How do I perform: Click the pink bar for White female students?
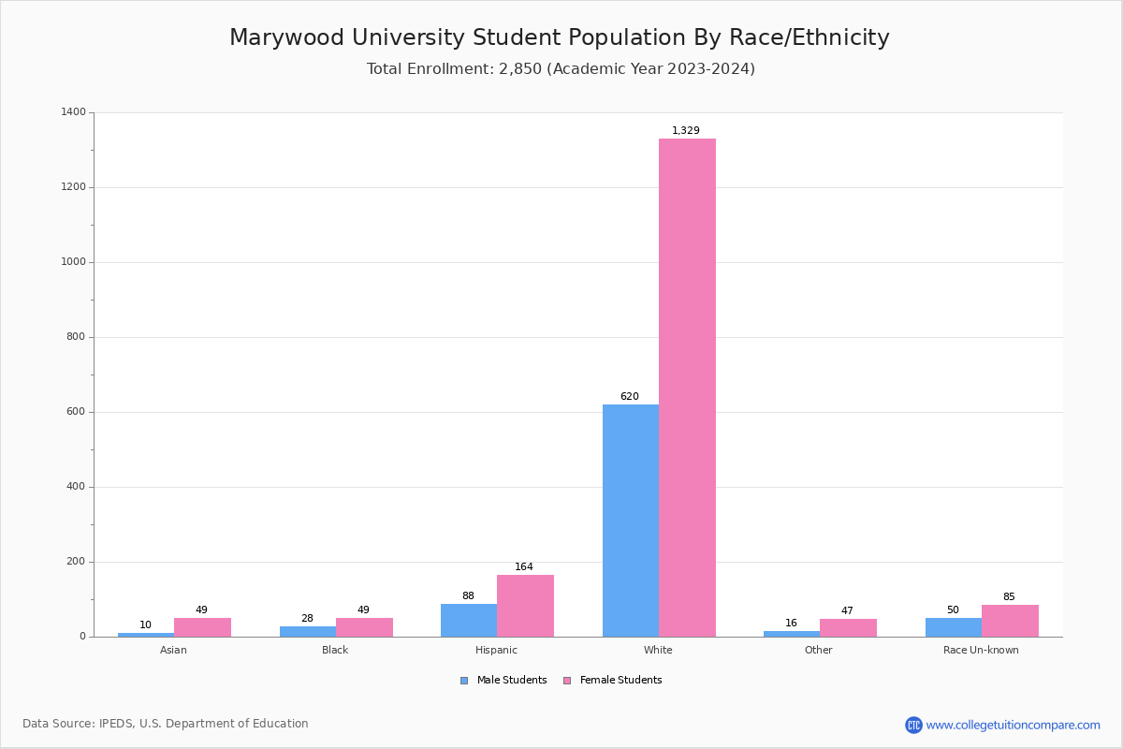687,388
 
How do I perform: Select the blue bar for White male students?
631,521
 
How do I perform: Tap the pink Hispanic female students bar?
525,606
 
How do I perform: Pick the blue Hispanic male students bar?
469,620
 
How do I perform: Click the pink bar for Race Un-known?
1010,621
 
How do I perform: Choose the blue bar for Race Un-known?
954,627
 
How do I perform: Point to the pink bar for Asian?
202,627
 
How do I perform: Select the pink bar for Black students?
364,627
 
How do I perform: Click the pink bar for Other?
848,627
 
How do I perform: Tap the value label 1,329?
686,131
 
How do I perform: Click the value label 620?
630,397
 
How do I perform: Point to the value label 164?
524,567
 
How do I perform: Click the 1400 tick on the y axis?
74,112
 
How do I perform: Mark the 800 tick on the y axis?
76,337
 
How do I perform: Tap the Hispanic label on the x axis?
496,651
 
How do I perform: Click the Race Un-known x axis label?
981,651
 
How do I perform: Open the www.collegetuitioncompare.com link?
1013,725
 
